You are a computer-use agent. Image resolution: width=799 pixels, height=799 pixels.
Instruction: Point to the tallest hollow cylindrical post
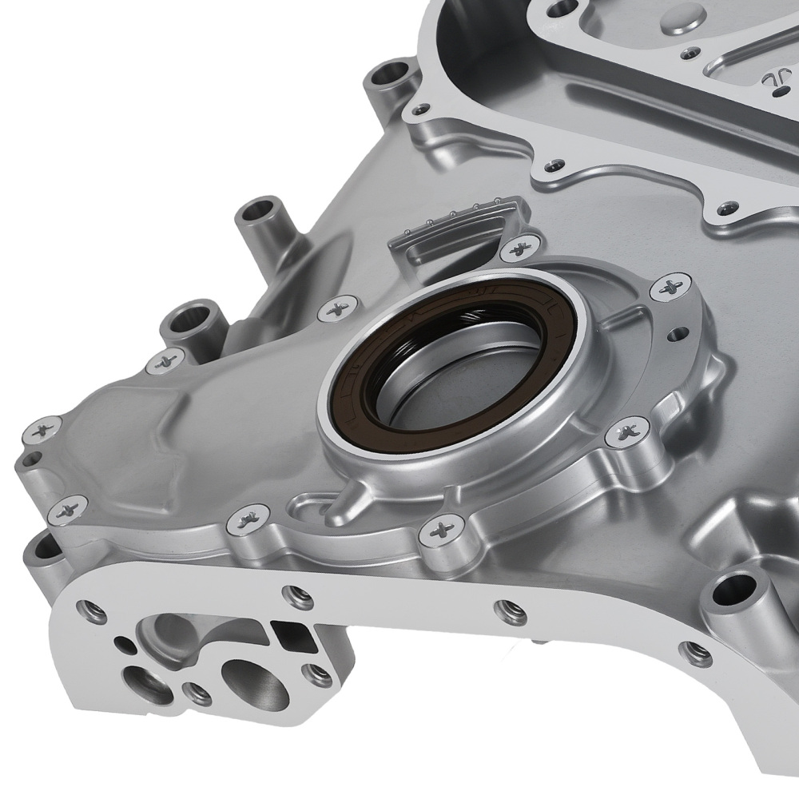[x=260, y=216]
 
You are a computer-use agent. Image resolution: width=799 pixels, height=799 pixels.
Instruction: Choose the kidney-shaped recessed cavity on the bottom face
[x=172, y=631]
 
